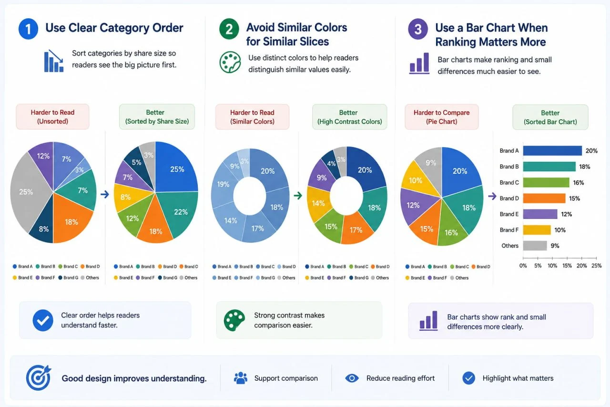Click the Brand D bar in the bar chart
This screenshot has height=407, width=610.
tap(544, 198)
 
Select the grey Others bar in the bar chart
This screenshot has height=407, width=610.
tap(535, 246)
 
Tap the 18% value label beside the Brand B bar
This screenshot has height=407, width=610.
tap(584, 167)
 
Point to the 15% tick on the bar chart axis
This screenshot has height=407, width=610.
tap(567, 258)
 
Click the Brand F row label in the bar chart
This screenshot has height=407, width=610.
tap(509, 230)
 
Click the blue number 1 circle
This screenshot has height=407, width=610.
tap(28, 29)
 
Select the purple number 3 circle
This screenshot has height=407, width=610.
tap(418, 29)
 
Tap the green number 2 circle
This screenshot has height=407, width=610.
tap(229, 29)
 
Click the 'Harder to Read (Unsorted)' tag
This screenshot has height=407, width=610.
tap(52, 117)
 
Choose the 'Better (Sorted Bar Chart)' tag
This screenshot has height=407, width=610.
tap(550, 117)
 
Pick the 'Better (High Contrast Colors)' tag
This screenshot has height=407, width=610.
tap(349, 117)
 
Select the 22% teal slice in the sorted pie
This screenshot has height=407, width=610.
tap(180, 211)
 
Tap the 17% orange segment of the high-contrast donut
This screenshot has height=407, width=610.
tap(356, 230)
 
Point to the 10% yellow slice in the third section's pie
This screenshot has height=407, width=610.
tap(416, 180)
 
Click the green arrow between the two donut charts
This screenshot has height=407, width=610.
tap(298, 196)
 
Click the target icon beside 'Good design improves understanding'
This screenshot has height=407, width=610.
tap(39, 377)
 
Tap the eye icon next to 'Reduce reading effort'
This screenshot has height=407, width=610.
tap(352, 378)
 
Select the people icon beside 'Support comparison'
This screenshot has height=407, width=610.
tap(241, 378)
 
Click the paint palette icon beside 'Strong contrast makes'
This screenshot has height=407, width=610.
tap(234, 320)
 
